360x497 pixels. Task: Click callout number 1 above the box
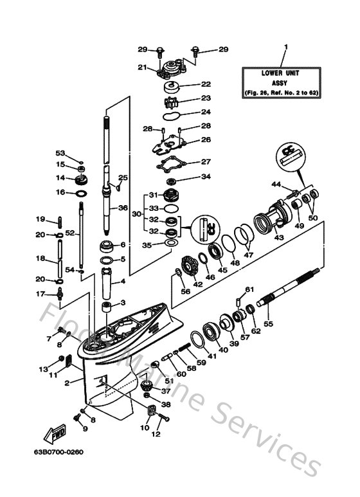pos(287,46)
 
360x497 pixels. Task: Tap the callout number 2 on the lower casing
pos(67,383)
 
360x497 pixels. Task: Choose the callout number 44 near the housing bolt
pos(275,185)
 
